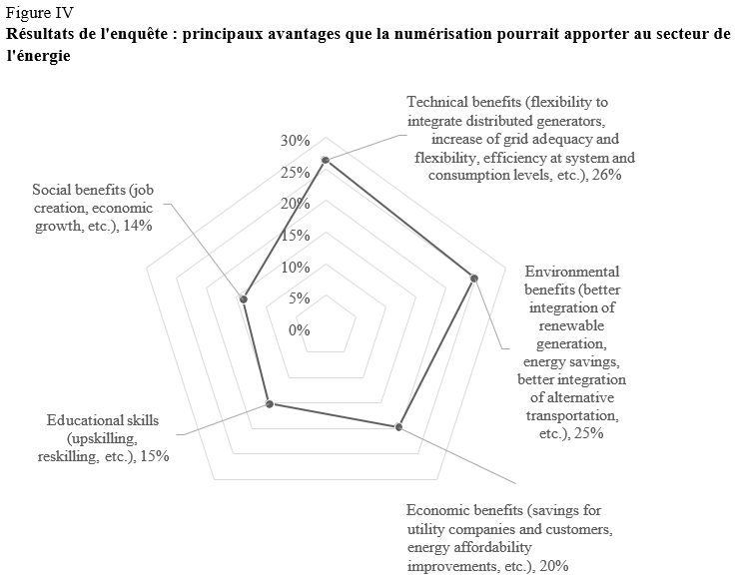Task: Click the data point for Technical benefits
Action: pyautogui.click(x=326, y=161)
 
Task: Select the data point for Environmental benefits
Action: pyautogui.click(x=474, y=278)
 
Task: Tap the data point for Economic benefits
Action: pyautogui.click(x=398, y=427)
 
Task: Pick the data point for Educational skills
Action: pyautogui.click(x=269, y=404)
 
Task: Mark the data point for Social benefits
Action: pyautogui.click(x=243, y=297)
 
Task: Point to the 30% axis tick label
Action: pyautogui.click(x=295, y=141)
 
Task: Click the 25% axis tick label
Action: pyautogui.click(x=295, y=173)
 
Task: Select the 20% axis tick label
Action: pyautogui.click(x=295, y=204)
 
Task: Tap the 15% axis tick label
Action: pyautogui.click(x=295, y=236)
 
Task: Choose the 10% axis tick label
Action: pyautogui.click(x=295, y=267)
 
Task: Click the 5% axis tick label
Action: pyautogui.click(x=299, y=298)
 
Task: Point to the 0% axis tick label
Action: pyautogui.click(x=299, y=329)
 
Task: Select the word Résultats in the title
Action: pyautogui.click(x=40, y=33)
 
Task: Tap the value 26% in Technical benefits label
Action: pyautogui.click(x=608, y=175)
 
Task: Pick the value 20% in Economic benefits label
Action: pyautogui.click(x=553, y=566)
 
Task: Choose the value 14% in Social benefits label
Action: pyautogui.click(x=136, y=226)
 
